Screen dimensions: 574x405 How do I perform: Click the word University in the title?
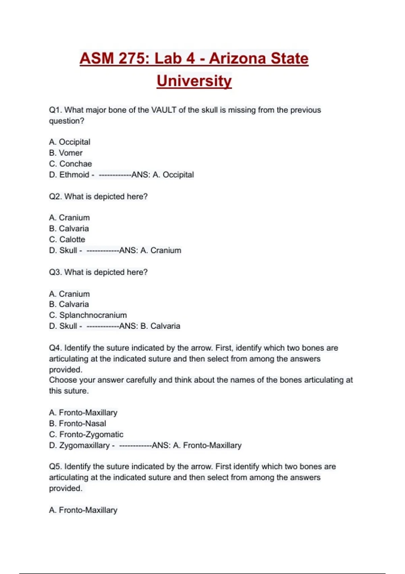click(x=194, y=81)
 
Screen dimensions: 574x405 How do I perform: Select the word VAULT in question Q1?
click(x=164, y=110)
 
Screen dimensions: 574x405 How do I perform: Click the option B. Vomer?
click(x=66, y=153)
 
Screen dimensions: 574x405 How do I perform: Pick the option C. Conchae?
click(x=71, y=164)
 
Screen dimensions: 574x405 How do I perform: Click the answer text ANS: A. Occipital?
click(x=163, y=175)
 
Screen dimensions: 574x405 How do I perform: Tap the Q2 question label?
click(x=55, y=197)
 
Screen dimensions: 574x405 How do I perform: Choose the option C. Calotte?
click(x=67, y=239)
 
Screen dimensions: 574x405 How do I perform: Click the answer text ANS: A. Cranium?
click(x=150, y=251)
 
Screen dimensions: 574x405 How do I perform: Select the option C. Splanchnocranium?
click(x=88, y=315)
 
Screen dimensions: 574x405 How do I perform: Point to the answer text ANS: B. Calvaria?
click(x=150, y=326)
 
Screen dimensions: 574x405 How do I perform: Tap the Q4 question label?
click(x=55, y=348)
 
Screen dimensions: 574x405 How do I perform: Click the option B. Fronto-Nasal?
click(x=78, y=423)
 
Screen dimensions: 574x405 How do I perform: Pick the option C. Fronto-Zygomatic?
click(x=86, y=435)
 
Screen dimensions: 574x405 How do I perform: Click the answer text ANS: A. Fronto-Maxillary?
click(x=197, y=445)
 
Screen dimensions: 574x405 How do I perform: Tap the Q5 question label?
click(x=55, y=467)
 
